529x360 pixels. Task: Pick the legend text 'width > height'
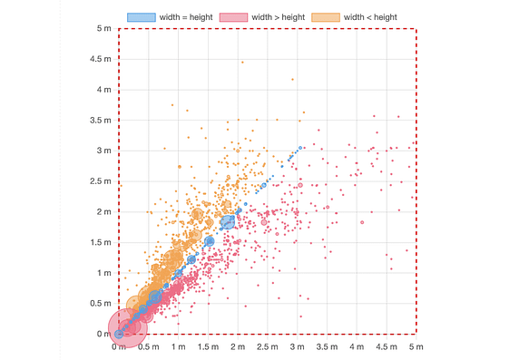(279, 17)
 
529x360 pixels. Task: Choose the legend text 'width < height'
(369, 17)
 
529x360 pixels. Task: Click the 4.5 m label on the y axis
(101, 60)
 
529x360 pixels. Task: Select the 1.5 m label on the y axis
(101, 243)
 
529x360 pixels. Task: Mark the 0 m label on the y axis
(104, 335)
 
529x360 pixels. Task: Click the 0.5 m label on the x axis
(148, 347)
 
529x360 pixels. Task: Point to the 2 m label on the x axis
(238, 347)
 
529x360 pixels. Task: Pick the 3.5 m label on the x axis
(327, 347)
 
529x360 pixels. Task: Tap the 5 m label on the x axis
(416, 347)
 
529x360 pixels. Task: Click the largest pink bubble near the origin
(127, 327)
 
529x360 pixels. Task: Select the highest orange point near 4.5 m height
(242, 63)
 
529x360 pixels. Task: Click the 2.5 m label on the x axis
(267, 347)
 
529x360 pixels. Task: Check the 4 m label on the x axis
(357, 347)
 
